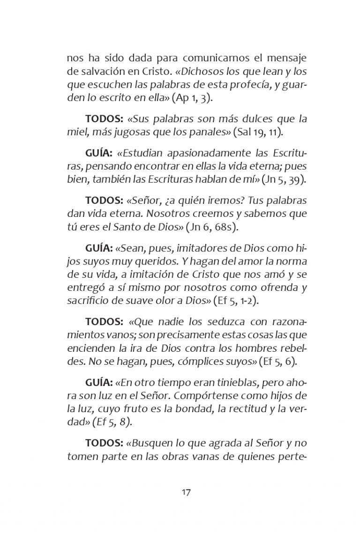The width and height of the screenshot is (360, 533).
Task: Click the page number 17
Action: point(186,492)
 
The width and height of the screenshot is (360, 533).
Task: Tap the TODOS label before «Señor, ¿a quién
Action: point(104,200)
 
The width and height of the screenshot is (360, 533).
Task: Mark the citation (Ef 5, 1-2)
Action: point(236,300)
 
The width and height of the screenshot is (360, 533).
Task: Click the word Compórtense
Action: point(215,395)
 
